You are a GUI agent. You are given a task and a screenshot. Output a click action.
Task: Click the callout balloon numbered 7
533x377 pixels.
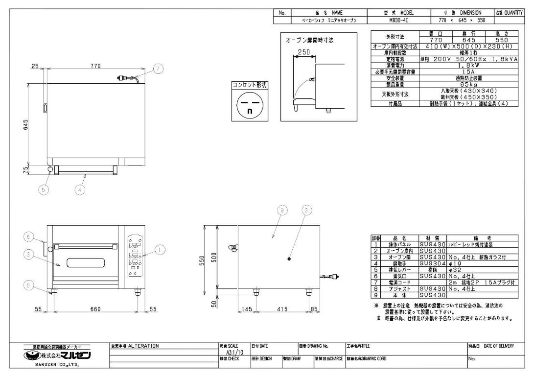coord(157,69)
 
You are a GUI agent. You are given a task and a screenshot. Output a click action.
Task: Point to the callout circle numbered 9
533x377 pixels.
coord(281,211)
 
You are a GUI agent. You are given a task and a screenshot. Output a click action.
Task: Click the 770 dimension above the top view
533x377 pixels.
coord(95,66)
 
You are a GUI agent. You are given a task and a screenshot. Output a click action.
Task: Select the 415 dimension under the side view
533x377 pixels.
coord(281,309)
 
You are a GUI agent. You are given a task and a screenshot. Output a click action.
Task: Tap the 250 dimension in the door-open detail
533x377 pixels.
coord(303,52)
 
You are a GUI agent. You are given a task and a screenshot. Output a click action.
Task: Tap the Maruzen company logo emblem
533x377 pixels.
coord(33,356)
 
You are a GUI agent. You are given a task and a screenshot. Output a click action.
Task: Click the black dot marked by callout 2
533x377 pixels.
coord(290,259)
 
